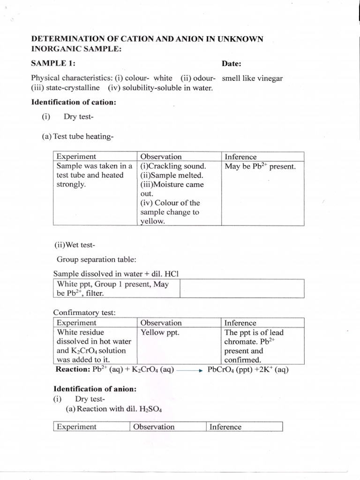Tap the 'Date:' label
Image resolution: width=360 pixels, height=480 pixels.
tap(231, 63)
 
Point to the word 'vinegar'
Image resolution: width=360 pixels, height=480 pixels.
tap(268, 78)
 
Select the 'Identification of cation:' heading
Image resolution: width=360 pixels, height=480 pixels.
tap(74, 102)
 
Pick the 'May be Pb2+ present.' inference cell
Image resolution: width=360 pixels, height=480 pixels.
tap(260, 166)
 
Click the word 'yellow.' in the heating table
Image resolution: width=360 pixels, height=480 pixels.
tap(153, 221)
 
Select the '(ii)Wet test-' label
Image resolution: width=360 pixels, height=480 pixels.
tap(75, 245)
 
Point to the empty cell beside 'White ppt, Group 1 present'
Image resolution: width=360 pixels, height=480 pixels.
tap(242, 288)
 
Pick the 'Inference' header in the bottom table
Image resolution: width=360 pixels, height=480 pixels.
tap(225, 427)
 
